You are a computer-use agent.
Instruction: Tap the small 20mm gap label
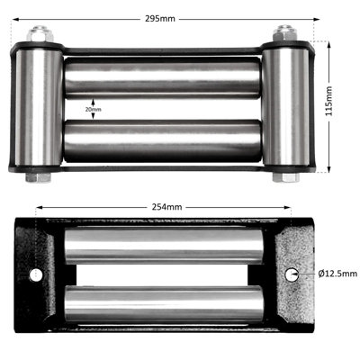(81, 109)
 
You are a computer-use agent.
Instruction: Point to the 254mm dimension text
(167, 207)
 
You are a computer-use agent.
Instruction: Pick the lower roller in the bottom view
(166, 304)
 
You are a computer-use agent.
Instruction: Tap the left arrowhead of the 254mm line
(38, 207)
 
